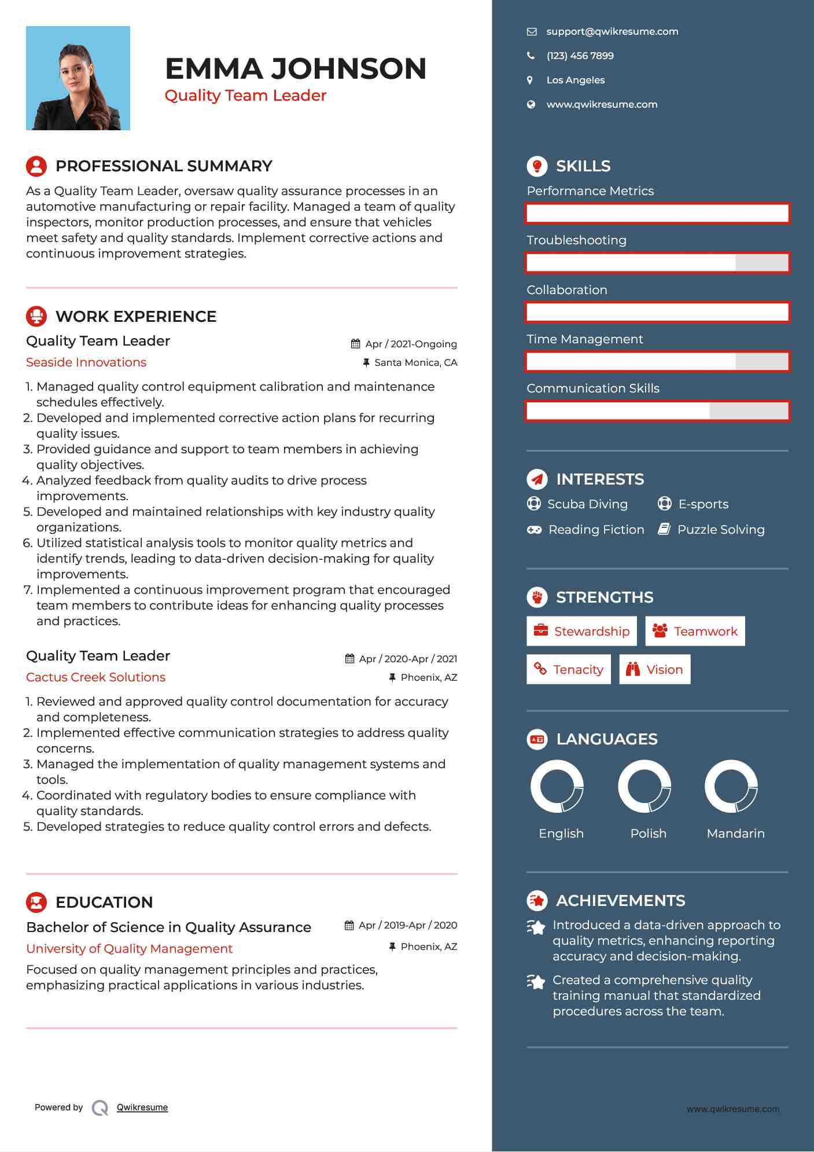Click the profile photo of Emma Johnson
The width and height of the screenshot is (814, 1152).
[78, 78]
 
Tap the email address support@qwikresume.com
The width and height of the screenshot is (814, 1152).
[612, 32]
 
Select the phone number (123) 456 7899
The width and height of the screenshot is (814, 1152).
[580, 56]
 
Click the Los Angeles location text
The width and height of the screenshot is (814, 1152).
[575, 80]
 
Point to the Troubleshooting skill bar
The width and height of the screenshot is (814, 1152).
[657, 263]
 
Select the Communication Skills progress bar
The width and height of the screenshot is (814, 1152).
[657, 411]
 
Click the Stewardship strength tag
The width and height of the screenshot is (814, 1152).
[581, 631]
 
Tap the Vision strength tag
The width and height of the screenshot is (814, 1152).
[655, 670]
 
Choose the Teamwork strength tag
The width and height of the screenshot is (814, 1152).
[695, 631]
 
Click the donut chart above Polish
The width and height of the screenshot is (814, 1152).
[644, 787]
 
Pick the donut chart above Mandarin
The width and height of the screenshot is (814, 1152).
[731, 787]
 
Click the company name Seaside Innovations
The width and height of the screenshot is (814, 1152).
[86, 362]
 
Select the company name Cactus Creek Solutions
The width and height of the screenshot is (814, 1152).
[95, 677]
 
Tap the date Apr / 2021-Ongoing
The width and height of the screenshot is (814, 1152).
[410, 344]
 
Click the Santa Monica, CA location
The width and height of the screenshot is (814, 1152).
[415, 363]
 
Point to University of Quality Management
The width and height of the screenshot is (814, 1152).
[129, 949]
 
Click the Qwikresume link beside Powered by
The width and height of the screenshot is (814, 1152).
[142, 1107]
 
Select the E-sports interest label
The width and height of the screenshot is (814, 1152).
[703, 504]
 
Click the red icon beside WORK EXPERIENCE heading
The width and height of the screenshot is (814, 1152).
[36, 316]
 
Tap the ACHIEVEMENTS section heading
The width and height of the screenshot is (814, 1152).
[620, 901]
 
